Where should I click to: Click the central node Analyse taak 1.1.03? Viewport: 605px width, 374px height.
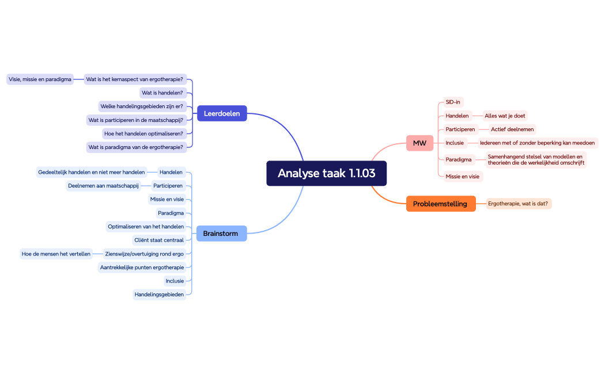(326, 173)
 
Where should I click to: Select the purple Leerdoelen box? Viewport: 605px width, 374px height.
(222, 113)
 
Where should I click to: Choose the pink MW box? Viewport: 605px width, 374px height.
(419, 143)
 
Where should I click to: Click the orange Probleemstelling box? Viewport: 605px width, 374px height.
(441, 204)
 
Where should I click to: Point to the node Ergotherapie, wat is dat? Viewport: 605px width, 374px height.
(518, 204)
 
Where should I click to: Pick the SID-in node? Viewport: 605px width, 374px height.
(453, 102)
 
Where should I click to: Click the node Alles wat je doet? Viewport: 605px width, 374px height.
(505, 116)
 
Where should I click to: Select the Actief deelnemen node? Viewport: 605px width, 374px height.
(512, 129)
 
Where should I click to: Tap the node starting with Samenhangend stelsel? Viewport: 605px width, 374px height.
(536, 159)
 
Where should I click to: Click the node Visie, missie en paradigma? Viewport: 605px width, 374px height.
(40, 79)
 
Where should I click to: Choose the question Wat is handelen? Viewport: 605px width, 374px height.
(162, 93)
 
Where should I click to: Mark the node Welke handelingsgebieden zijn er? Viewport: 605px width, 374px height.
(142, 106)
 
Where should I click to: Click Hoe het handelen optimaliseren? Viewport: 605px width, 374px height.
(144, 133)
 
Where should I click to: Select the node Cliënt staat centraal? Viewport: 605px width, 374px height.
(158, 240)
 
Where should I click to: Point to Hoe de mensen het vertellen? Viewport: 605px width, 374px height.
(56, 254)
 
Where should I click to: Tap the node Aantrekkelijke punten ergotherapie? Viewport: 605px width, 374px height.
(142, 267)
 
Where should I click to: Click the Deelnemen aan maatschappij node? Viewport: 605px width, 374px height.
(103, 185)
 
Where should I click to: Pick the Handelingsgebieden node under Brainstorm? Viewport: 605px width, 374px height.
(159, 295)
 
